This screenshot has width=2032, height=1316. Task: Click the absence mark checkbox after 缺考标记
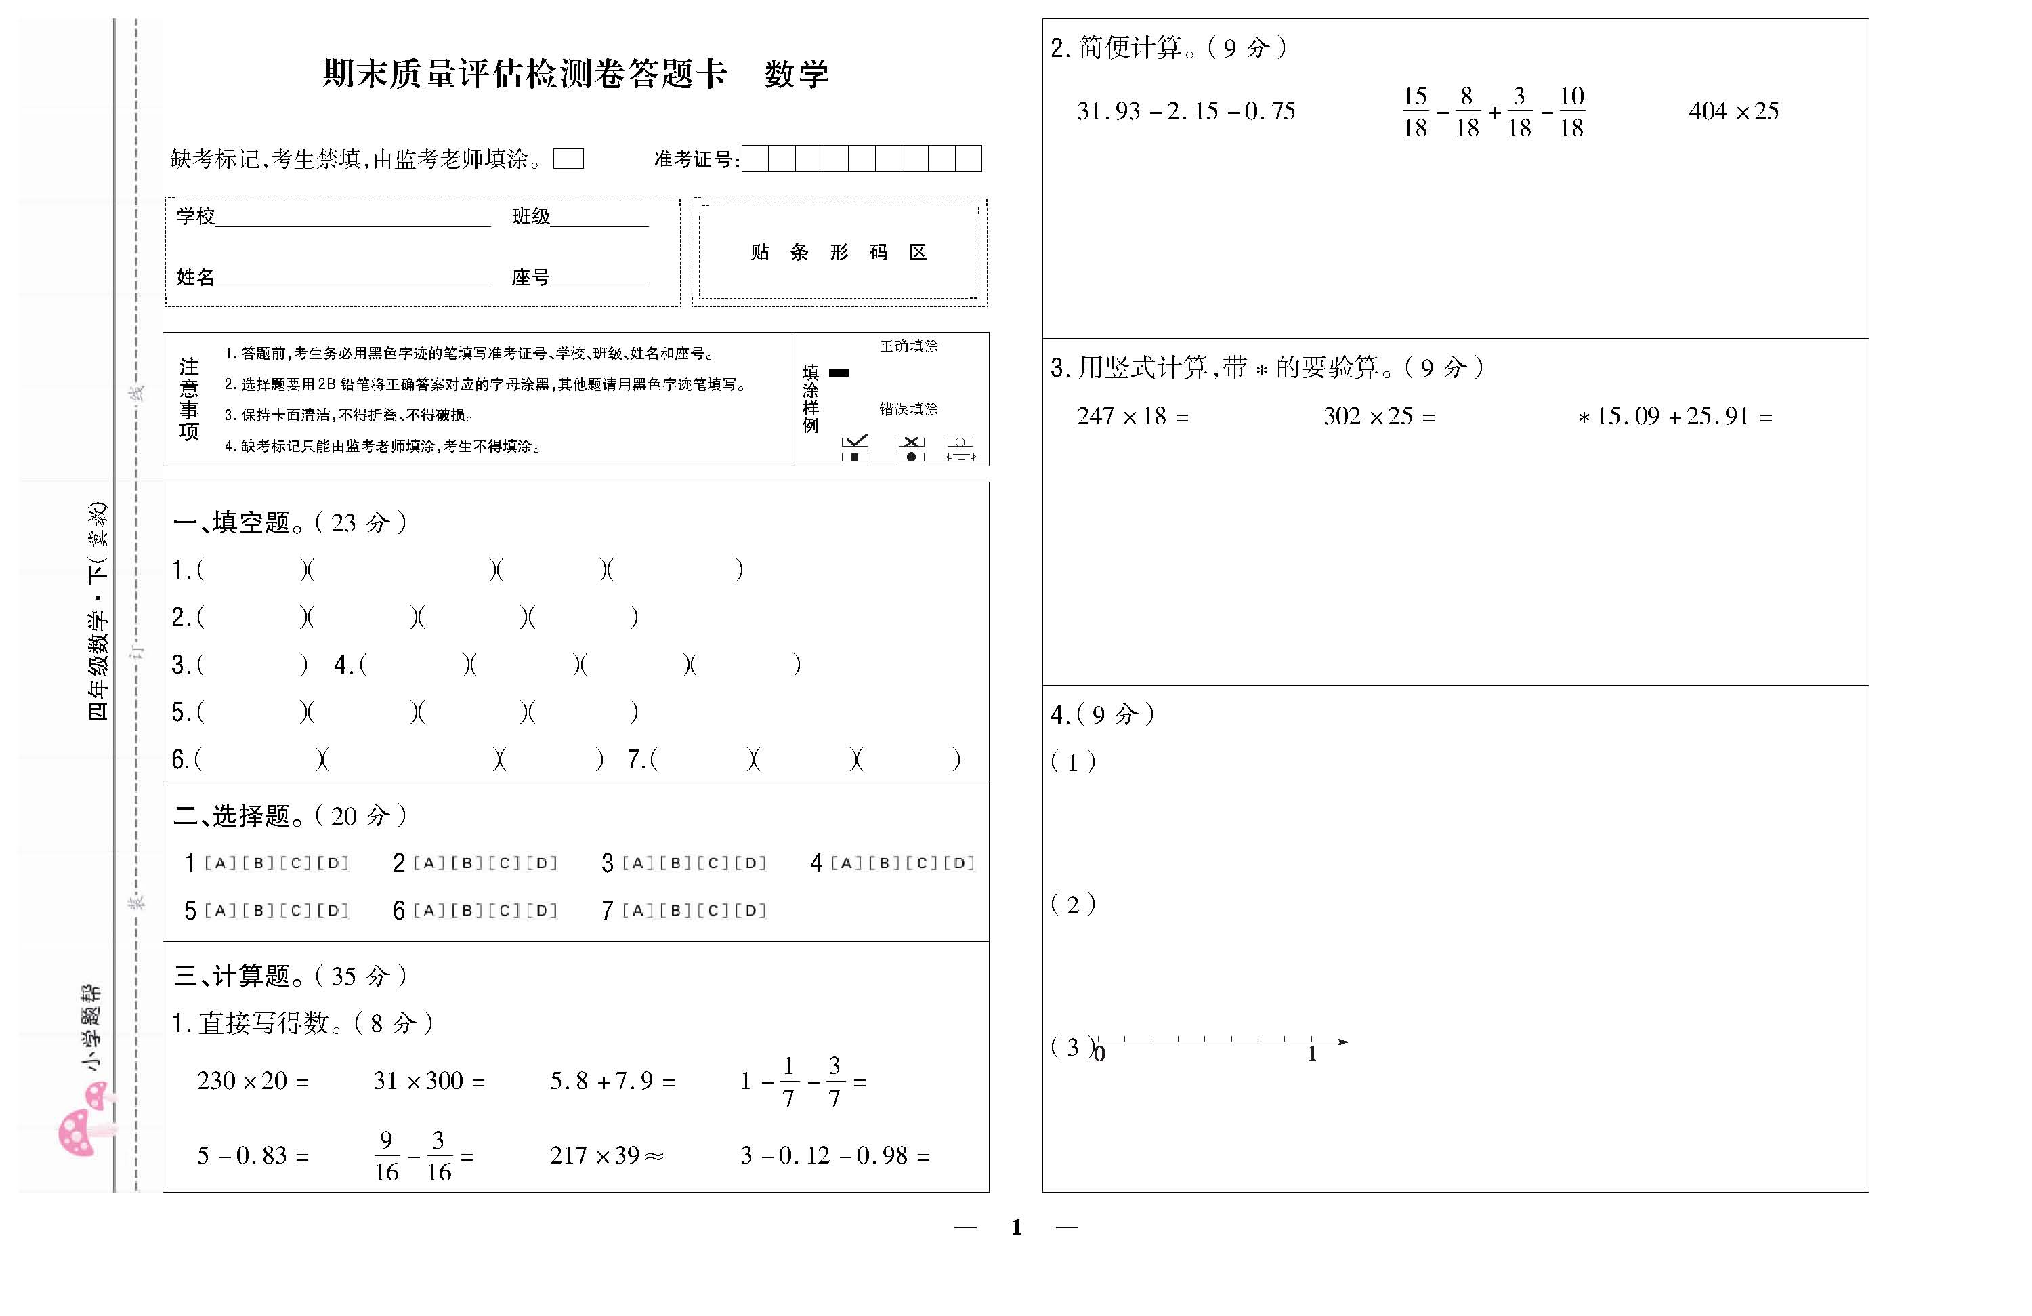click(x=568, y=159)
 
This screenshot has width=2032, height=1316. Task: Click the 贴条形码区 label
click(x=839, y=252)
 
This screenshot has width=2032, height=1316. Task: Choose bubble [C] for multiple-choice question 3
click(x=713, y=863)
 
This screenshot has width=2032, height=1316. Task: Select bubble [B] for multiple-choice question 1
click(x=258, y=863)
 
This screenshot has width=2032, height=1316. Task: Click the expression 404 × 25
click(x=1733, y=111)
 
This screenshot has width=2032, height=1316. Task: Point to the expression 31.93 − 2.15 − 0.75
click(x=1186, y=111)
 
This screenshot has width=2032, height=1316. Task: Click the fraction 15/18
click(x=1415, y=112)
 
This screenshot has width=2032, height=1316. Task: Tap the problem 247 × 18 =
click(x=1132, y=416)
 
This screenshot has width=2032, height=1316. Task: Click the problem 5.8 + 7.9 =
click(x=612, y=1081)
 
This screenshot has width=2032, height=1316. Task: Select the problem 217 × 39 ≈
click(x=606, y=1155)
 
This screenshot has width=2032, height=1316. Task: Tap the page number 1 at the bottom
click(x=1016, y=1227)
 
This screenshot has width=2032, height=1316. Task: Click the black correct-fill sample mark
click(x=839, y=372)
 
